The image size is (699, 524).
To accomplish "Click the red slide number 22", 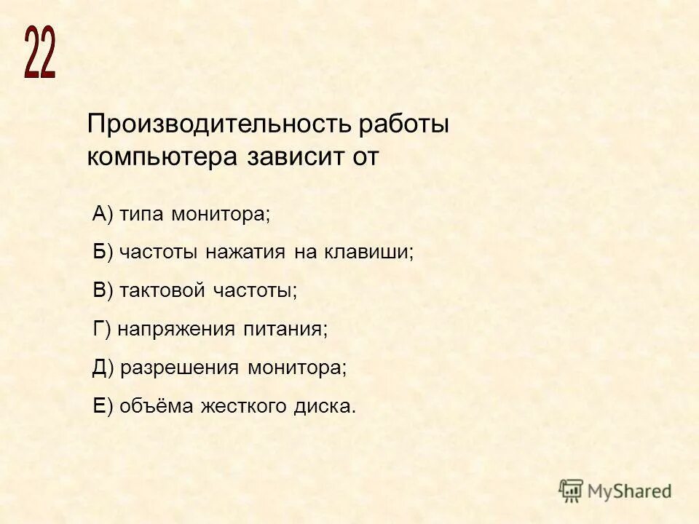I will pos(40,52).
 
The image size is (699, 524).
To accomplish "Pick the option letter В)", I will pos(103,290).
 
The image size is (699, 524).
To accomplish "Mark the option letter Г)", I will pos(101,329).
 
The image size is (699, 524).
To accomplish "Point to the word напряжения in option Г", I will pos(175,329).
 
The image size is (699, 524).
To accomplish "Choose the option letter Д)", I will pos(103,368).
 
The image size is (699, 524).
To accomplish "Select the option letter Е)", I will pos(103,406).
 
